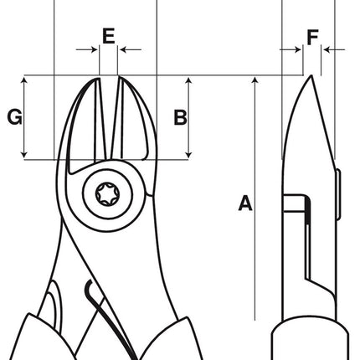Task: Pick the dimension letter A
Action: click(x=244, y=202)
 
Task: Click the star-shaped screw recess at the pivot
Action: click(x=107, y=191)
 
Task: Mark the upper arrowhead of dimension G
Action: click(x=27, y=80)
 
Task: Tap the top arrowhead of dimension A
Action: click(x=255, y=80)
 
